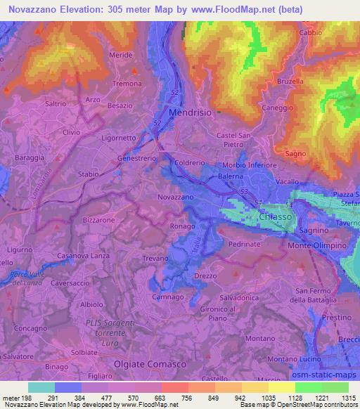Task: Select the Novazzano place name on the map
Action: click(176, 197)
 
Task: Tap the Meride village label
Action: click(120, 54)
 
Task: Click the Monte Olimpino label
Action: click(317, 246)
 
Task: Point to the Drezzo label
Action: click(205, 276)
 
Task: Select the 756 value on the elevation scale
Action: click(186, 396)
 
